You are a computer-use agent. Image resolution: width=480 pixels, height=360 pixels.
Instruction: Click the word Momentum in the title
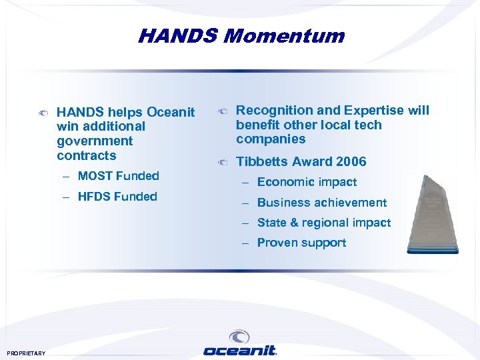(x=284, y=35)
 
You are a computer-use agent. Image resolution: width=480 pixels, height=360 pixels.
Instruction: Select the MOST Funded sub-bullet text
(x=118, y=176)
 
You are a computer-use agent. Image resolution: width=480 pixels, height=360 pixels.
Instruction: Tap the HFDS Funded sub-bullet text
(x=117, y=197)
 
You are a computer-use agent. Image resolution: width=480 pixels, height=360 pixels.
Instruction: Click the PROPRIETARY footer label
(x=26, y=353)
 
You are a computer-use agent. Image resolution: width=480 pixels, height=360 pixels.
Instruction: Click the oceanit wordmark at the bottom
(x=239, y=350)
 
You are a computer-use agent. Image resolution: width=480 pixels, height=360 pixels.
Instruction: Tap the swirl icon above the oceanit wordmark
(x=239, y=336)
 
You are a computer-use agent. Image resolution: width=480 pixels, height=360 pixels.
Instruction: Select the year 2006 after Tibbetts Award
(x=351, y=161)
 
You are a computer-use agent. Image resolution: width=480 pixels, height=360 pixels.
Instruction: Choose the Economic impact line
(x=307, y=182)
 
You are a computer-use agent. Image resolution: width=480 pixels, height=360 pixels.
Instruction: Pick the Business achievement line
(x=321, y=203)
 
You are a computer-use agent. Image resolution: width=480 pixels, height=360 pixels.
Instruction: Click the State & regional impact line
(x=323, y=223)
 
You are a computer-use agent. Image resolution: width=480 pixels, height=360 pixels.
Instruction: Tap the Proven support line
(x=301, y=243)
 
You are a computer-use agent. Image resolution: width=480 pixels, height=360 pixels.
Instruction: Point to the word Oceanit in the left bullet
(x=171, y=112)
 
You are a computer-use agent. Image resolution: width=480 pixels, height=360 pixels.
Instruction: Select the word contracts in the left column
(x=87, y=156)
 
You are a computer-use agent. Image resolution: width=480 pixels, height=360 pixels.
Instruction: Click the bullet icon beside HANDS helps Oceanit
(x=43, y=113)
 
